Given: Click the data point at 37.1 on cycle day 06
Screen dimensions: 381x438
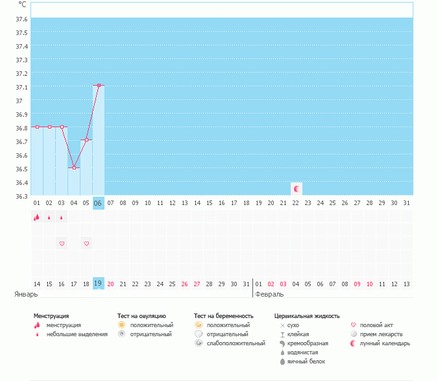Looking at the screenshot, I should [x=99, y=85].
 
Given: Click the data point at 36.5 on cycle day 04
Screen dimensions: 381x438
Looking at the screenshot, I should [x=74, y=167].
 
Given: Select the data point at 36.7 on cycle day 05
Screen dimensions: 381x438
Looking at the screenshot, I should [x=86, y=140].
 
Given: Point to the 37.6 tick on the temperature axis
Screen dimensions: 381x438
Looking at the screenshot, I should [x=21, y=19].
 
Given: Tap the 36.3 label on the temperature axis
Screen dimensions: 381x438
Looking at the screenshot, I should [x=21, y=196].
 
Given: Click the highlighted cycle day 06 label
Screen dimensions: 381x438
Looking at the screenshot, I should [x=99, y=203].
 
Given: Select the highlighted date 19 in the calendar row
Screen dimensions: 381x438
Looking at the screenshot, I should [x=99, y=284].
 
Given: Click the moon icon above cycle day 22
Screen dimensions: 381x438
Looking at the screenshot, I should [x=297, y=189].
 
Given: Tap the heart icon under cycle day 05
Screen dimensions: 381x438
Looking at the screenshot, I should [x=86, y=243].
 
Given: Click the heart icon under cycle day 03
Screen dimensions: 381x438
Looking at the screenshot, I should [x=62, y=243].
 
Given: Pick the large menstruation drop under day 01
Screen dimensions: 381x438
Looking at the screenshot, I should [x=37, y=217].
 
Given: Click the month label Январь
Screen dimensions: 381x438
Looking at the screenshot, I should [x=27, y=294].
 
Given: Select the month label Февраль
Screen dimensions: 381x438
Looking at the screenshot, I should [x=269, y=294].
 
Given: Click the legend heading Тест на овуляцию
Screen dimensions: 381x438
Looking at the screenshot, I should [x=146, y=316].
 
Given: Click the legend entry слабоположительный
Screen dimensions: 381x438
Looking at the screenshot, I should [x=236, y=343].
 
